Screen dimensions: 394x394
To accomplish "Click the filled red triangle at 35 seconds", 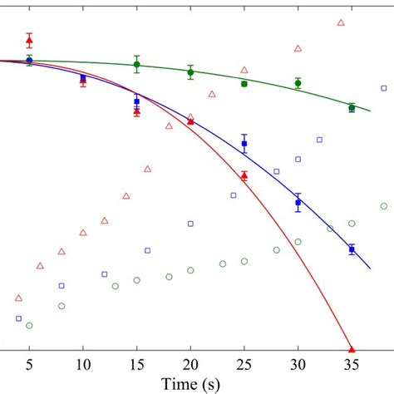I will pos(352,349).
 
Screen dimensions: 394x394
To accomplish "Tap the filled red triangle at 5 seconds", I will pos(29,41).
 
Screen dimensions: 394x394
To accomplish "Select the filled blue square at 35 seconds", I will pos(352,249).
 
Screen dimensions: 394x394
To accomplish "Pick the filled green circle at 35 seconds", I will pos(352,107).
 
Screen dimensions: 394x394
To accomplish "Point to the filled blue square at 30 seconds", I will pos(298,202).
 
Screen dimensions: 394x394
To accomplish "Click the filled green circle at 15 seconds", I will pos(136,65).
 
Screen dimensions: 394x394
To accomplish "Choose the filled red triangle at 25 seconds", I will pos(244,175).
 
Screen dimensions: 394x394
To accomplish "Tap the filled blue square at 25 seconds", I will pos(244,144).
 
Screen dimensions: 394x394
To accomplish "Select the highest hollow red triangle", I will pos(341,22).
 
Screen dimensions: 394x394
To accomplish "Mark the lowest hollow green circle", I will pos(29,325).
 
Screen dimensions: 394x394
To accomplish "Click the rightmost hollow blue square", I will pos(383,87).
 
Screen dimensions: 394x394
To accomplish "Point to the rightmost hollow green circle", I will pos(383,206).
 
